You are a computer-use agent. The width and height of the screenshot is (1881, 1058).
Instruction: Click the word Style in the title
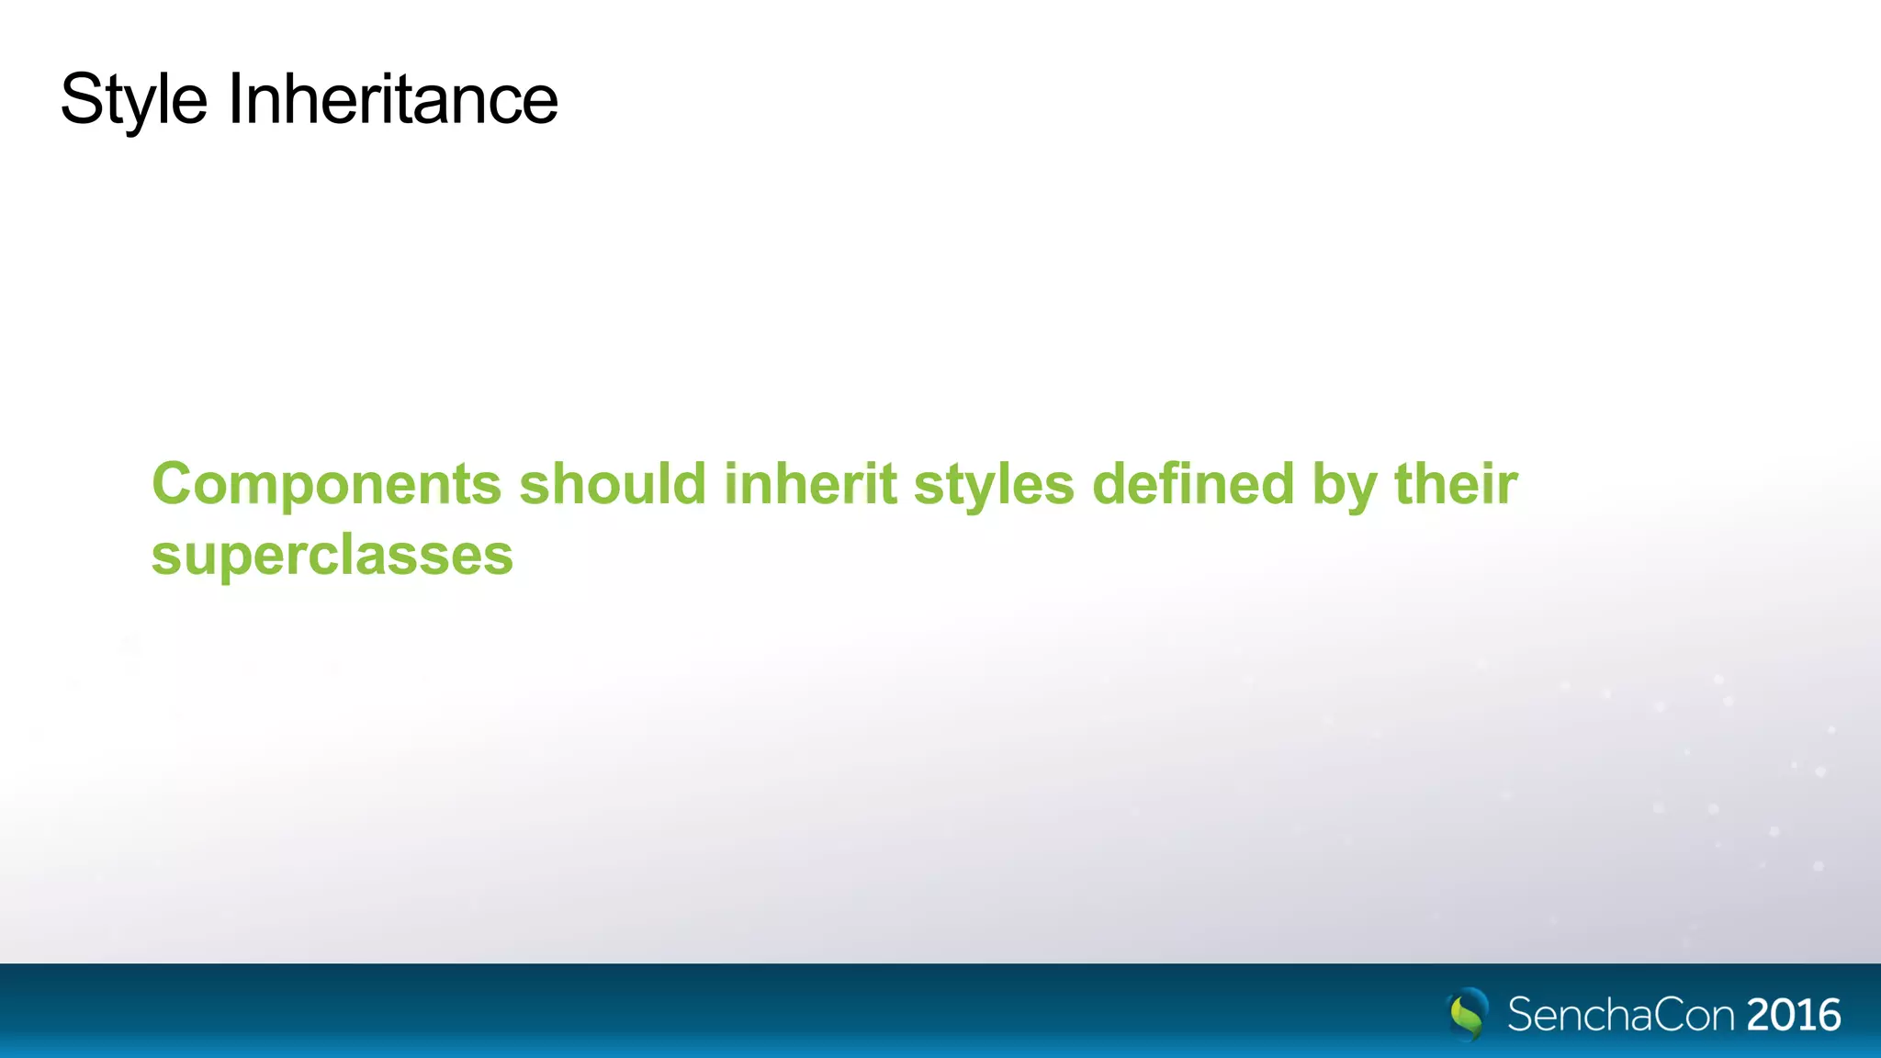point(134,99)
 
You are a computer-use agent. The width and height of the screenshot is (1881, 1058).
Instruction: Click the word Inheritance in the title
point(392,99)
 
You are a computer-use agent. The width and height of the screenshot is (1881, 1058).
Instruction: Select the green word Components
point(326,484)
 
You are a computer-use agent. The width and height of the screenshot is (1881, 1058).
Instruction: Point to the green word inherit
point(809,484)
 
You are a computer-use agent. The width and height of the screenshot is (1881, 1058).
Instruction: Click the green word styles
point(993,484)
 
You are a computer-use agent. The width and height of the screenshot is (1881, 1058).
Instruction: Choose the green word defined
point(1193,484)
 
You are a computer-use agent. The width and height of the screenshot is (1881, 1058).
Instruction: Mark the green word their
point(1456,484)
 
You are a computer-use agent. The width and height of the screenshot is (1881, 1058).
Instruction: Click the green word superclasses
point(332,556)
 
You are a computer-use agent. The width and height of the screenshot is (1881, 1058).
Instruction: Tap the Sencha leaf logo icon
point(1468,1014)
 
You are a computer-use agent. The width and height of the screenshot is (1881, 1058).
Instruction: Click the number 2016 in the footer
point(1794,1015)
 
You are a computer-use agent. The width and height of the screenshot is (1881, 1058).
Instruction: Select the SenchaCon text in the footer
point(1620,1015)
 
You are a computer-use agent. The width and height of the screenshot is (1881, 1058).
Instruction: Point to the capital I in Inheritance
point(234,99)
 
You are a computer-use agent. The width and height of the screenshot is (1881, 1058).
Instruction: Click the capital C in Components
point(174,484)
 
